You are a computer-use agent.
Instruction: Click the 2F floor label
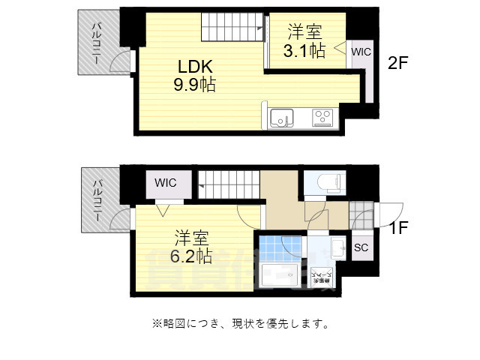[x=397, y=64]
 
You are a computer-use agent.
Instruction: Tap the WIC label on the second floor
[x=361, y=52]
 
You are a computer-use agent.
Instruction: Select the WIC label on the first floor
[x=166, y=182]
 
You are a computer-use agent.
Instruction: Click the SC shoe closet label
[x=361, y=247]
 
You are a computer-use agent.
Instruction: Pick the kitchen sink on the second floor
[x=282, y=118]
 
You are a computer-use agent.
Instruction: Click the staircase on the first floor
[x=229, y=181]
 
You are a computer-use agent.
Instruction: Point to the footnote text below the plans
[x=240, y=324]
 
